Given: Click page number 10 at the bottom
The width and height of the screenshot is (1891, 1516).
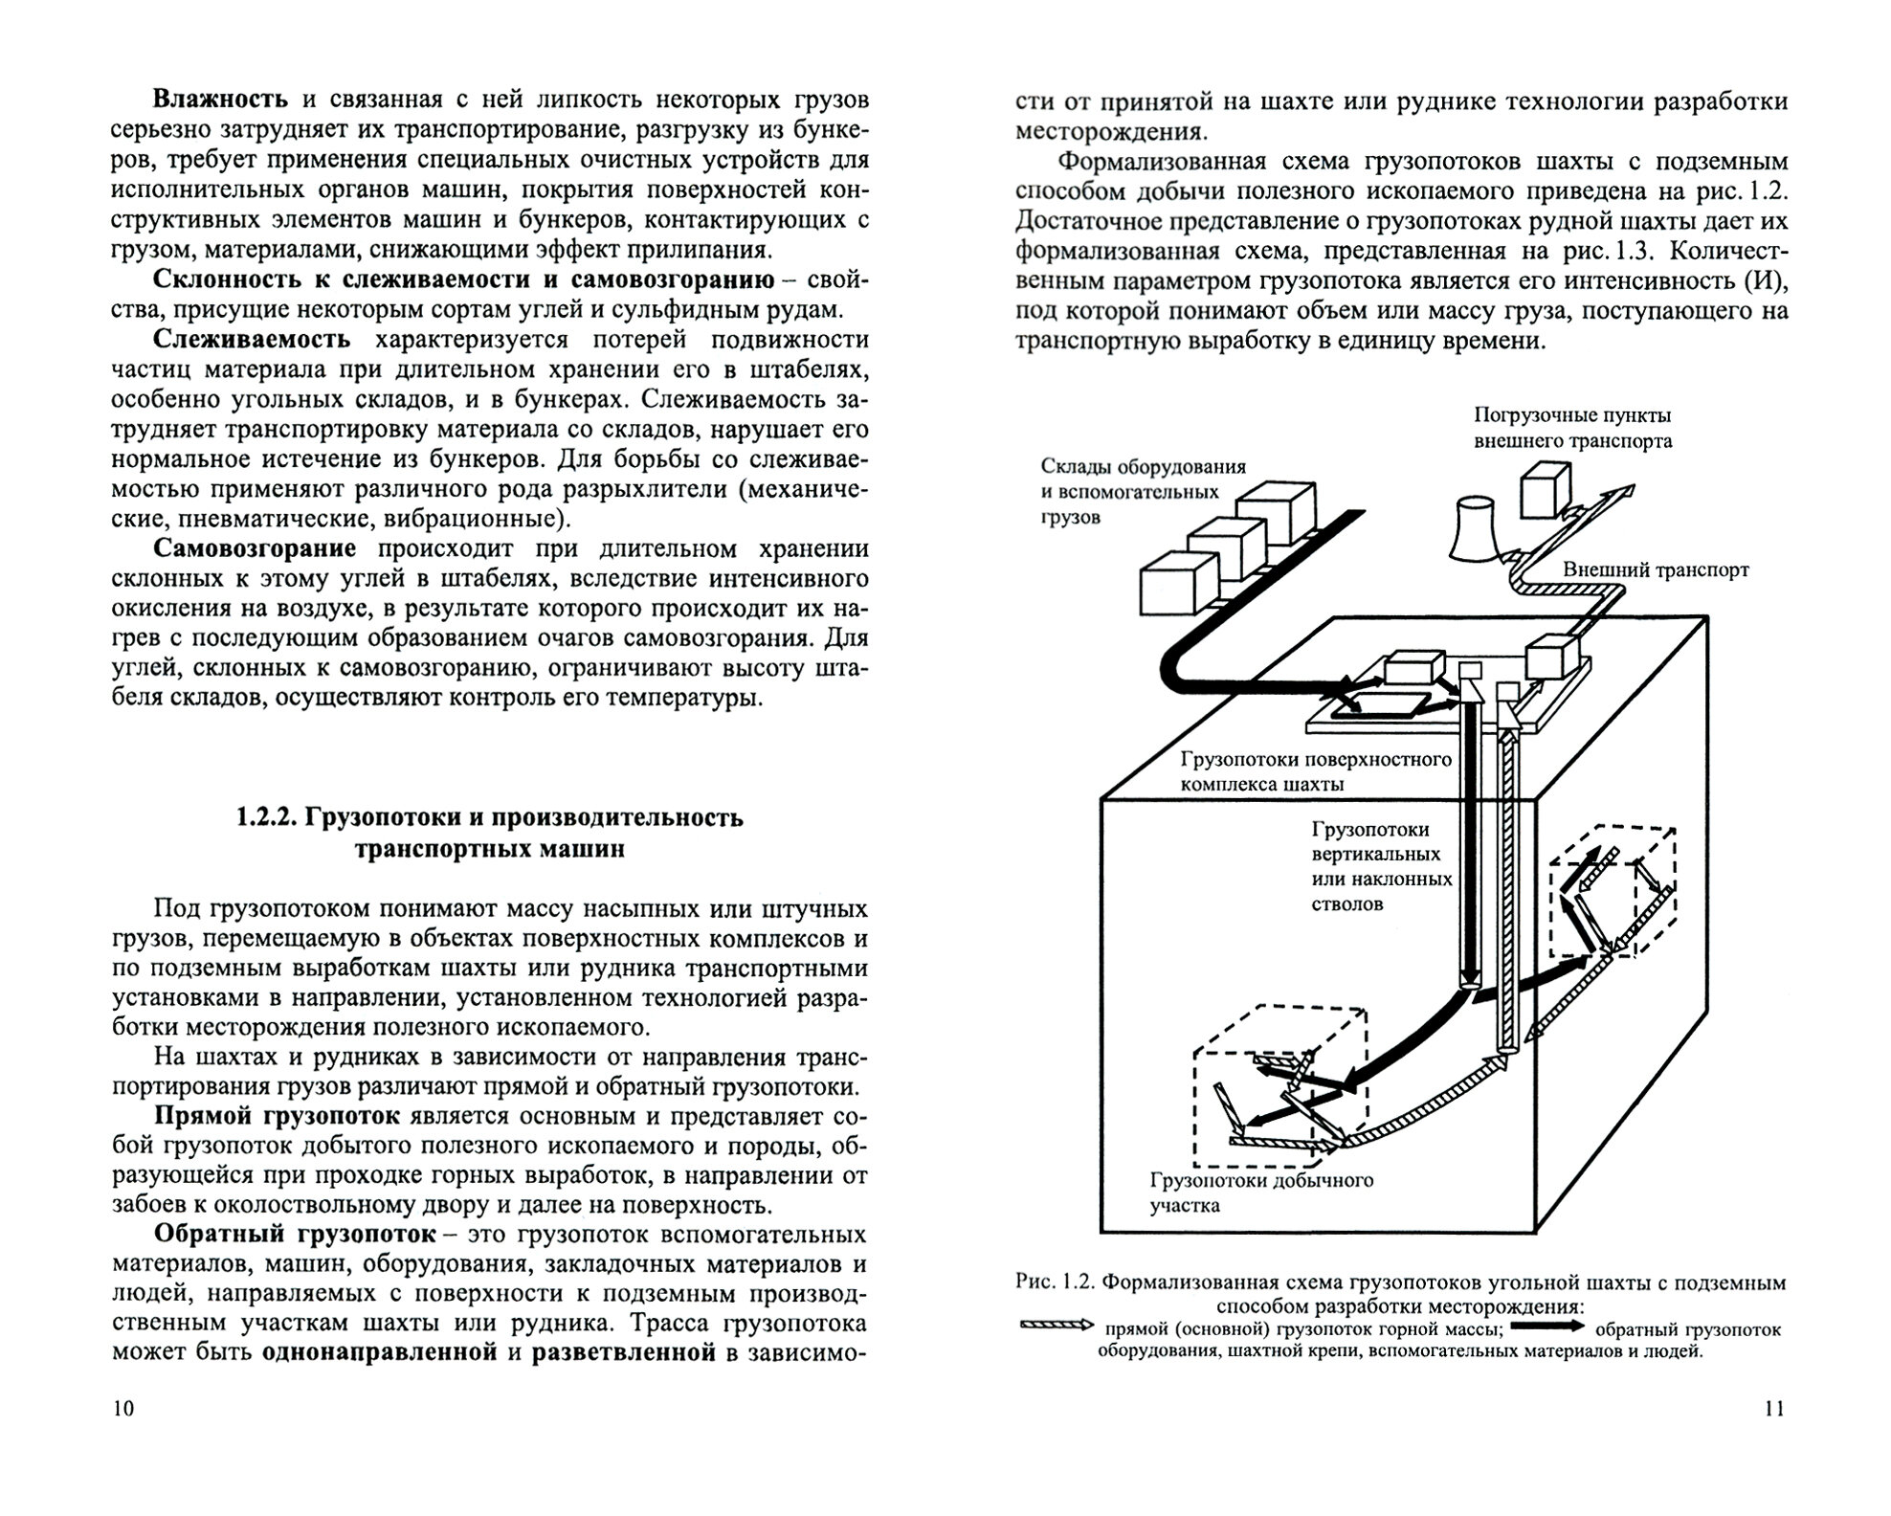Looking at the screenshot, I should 123,1409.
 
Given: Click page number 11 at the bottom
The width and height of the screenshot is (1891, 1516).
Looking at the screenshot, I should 1773,1409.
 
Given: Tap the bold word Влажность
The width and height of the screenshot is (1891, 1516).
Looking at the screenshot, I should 220,100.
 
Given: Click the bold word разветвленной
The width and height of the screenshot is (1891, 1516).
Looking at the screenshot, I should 624,1353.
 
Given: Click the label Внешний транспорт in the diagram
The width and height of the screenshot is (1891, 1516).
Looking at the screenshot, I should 1656,570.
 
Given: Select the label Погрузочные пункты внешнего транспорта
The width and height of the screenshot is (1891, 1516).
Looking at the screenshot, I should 1572,428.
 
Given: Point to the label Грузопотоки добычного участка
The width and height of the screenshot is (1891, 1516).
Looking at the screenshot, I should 1261,1193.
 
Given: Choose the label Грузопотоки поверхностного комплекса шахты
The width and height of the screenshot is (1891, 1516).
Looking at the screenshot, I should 1316,772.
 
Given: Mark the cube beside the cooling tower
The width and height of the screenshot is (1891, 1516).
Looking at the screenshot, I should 1546,491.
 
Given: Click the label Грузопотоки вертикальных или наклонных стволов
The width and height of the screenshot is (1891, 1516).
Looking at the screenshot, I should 1381,866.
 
